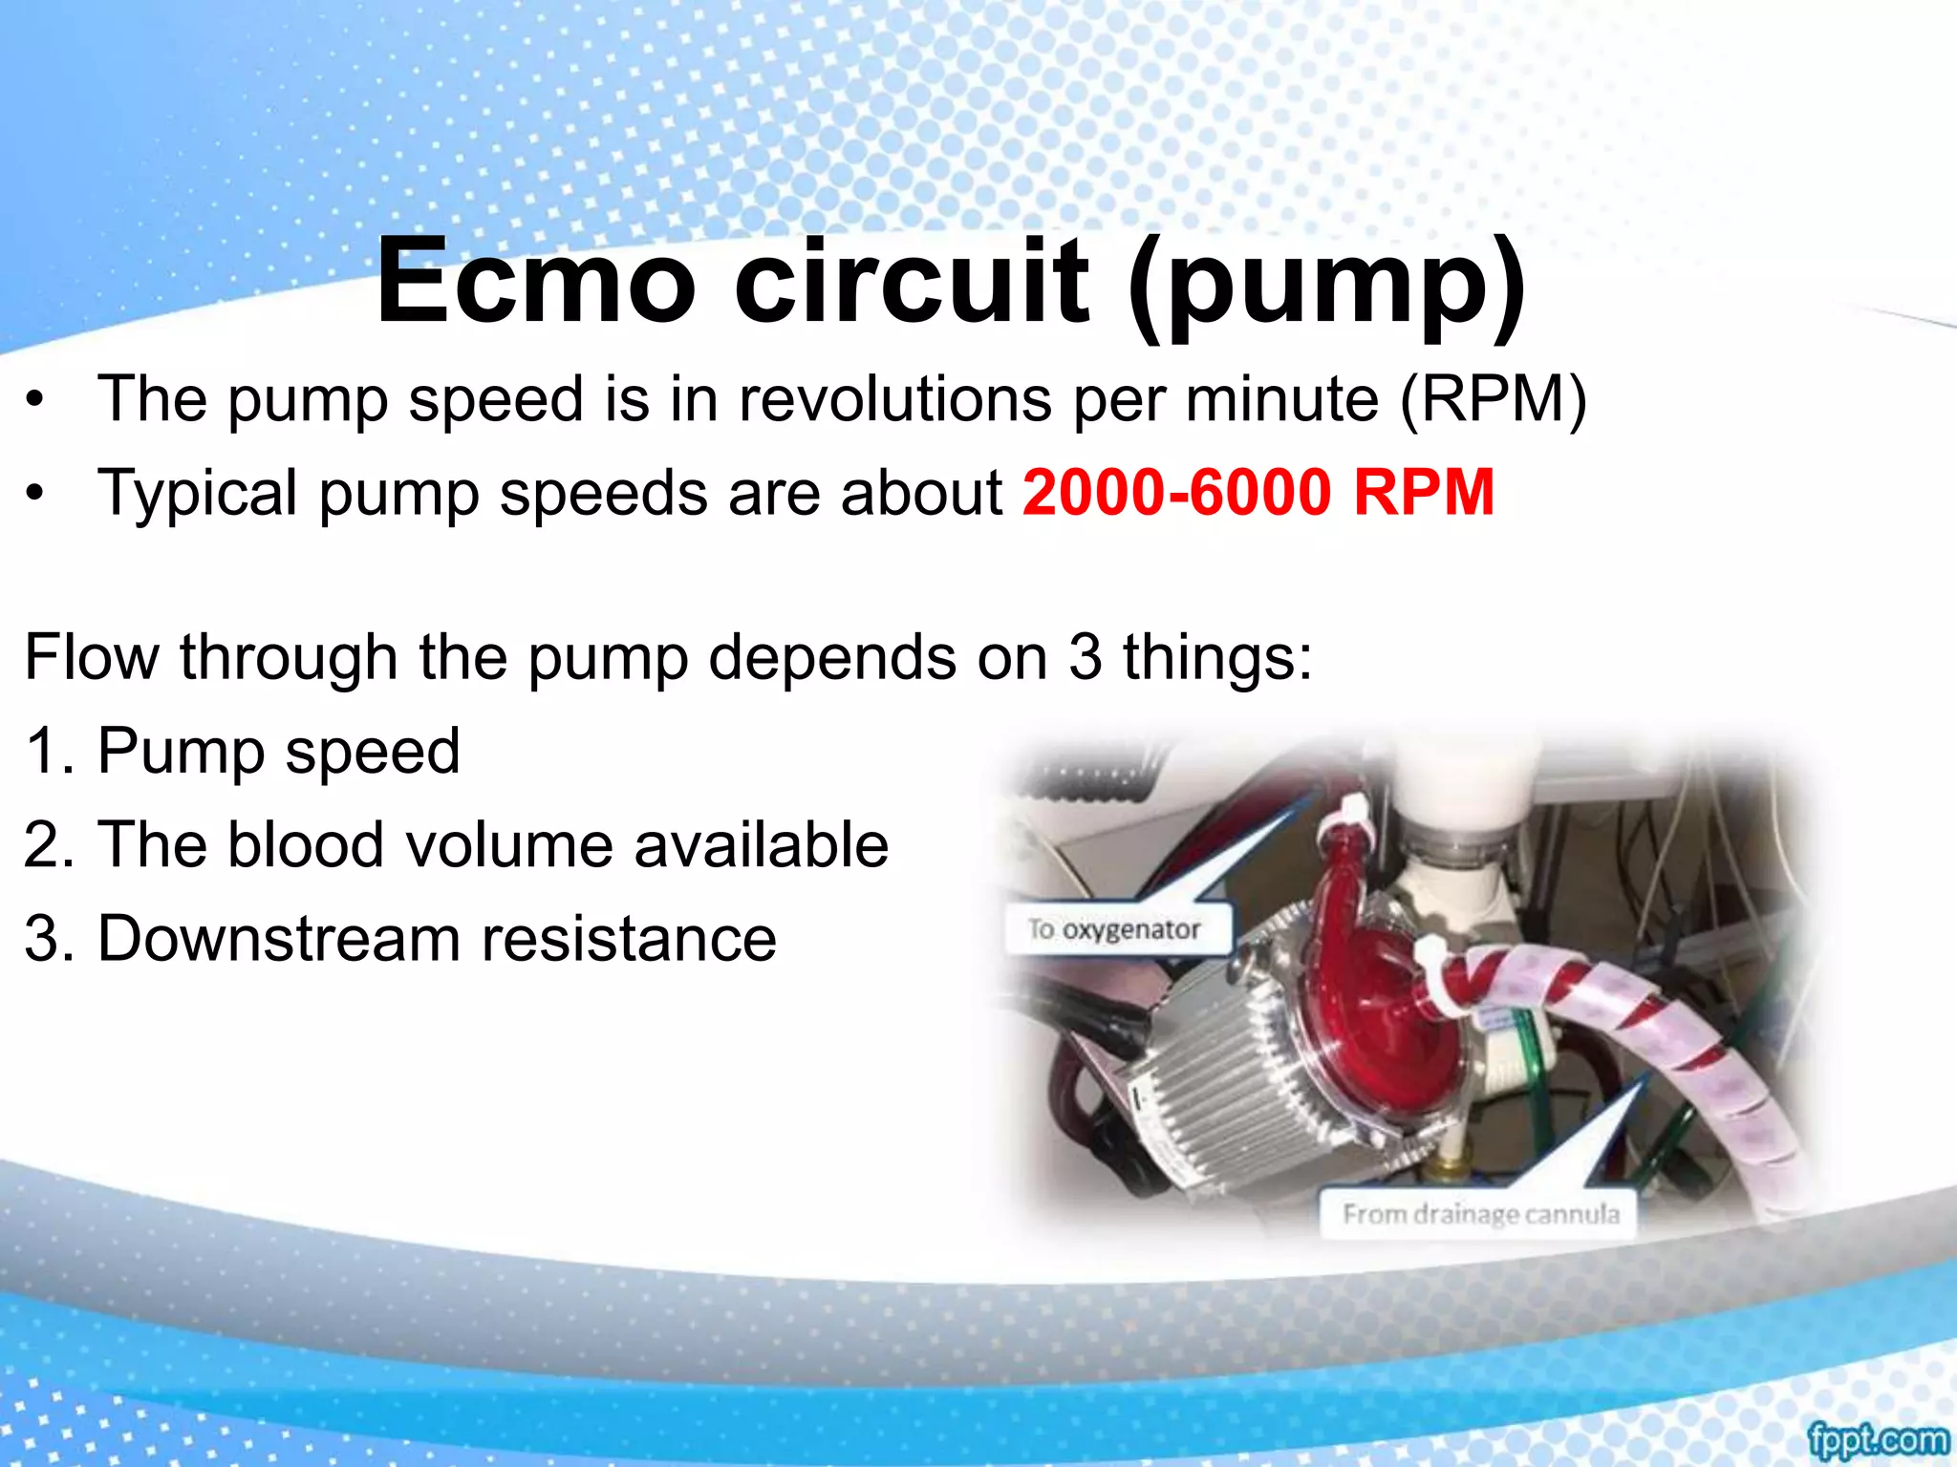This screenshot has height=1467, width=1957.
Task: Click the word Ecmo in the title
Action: click(535, 283)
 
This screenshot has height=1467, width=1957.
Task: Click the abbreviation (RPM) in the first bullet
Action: click(1493, 399)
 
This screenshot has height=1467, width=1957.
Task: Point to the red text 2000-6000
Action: click(1176, 493)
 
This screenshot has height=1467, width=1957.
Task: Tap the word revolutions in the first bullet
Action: click(894, 399)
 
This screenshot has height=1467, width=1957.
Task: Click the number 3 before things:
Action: click(1086, 657)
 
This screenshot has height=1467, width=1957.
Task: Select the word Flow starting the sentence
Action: click(92, 657)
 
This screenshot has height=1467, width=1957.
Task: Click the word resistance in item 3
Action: click(629, 939)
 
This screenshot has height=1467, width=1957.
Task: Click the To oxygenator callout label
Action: click(1114, 929)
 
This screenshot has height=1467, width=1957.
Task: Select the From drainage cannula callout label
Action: click(1480, 1214)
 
